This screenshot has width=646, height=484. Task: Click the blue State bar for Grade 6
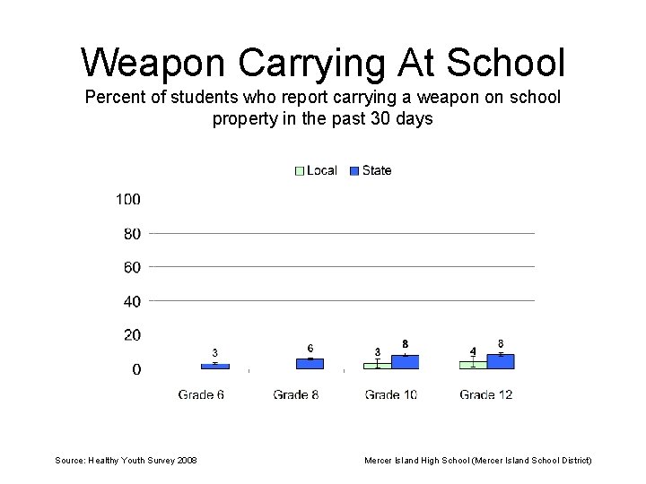(215, 366)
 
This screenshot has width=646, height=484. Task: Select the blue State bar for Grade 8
(310, 364)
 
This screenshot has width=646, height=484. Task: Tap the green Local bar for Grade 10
(377, 366)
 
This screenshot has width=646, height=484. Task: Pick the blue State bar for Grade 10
(405, 362)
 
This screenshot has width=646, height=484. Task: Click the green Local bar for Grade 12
(473, 365)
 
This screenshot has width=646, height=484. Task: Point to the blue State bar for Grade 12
(501, 361)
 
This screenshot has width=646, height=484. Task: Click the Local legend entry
(316, 170)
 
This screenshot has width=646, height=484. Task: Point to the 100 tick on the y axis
(127, 199)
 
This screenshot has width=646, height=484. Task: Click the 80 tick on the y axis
(132, 234)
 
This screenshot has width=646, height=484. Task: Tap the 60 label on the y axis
(132, 267)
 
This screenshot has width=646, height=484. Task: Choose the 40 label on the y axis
(132, 301)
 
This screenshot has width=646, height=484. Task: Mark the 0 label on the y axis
(136, 369)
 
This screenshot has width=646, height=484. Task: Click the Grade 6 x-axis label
(201, 394)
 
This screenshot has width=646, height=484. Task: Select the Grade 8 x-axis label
(296, 394)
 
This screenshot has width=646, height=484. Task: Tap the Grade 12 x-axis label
(485, 394)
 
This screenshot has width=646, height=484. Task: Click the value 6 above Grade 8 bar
(310, 349)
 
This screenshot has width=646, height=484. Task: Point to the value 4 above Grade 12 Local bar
(473, 350)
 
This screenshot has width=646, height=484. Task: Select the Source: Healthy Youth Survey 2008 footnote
(127, 460)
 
